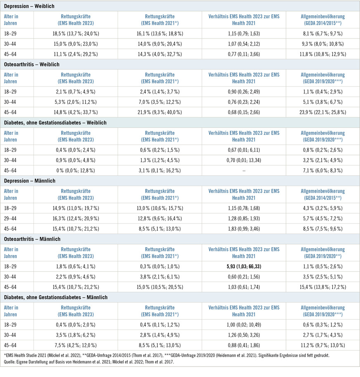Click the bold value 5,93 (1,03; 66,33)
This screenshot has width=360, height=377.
[x=244, y=267]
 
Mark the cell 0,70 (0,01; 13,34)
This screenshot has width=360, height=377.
[x=244, y=160]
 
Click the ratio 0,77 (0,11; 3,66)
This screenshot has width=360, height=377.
[x=244, y=54]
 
